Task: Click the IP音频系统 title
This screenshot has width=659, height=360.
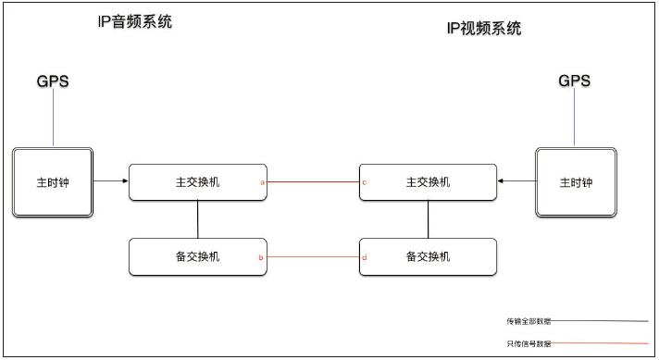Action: tap(135, 22)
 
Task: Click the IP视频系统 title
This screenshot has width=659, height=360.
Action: tap(483, 29)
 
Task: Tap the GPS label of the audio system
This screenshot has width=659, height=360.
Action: tap(53, 81)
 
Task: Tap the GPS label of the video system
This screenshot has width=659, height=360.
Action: tap(574, 81)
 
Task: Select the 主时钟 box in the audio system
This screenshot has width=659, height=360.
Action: tap(53, 181)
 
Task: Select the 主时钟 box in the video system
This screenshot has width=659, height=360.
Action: tap(576, 181)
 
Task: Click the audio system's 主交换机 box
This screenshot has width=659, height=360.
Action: tap(197, 181)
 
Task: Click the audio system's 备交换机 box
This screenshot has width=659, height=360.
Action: tap(197, 256)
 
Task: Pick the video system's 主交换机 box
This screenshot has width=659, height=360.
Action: tap(428, 181)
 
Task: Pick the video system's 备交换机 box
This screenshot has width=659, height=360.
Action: tap(428, 256)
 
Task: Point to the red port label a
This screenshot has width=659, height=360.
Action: tap(262, 182)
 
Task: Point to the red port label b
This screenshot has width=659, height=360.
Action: tap(262, 257)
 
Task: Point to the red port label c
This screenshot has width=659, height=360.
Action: tap(364, 182)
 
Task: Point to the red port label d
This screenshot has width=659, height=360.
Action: tap(364, 257)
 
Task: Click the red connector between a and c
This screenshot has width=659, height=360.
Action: tap(313, 182)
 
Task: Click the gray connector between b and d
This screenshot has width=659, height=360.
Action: tap(313, 256)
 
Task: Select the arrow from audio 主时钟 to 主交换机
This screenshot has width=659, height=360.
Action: tap(111, 181)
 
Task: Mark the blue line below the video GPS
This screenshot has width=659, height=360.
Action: tap(574, 118)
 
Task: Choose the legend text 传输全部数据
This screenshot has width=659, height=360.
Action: tap(528, 321)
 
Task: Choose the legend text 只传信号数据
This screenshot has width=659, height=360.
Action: tap(528, 343)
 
